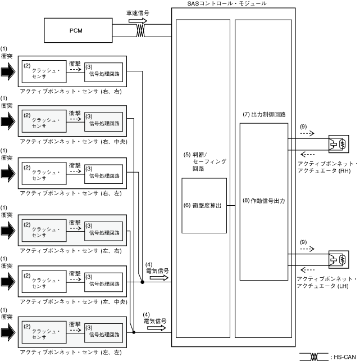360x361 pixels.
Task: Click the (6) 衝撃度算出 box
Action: tap(204, 205)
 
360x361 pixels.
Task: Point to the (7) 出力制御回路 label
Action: tap(264, 114)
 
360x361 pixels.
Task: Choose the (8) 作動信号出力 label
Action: tap(264, 201)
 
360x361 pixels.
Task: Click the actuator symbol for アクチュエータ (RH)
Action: tap(337, 145)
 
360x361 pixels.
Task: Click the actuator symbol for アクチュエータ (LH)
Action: tap(337, 260)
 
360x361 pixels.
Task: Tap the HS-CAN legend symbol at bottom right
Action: tap(316, 356)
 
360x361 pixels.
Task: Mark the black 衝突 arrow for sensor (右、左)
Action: tap(8, 172)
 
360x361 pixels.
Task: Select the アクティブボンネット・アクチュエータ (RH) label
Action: tap(326, 167)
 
